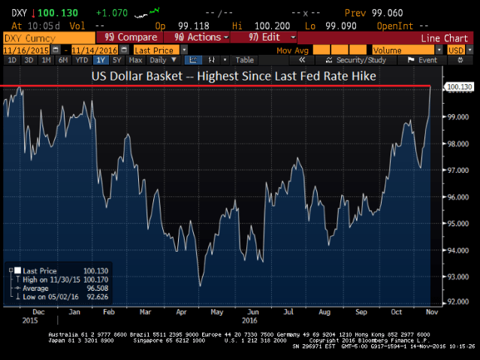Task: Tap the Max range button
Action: point(136,60)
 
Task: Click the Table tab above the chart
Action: point(245,60)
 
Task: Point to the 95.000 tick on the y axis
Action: point(459,224)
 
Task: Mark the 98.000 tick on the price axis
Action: point(459,144)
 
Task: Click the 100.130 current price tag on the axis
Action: point(460,87)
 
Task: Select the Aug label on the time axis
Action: point(325,312)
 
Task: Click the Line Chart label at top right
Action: point(444,37)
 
